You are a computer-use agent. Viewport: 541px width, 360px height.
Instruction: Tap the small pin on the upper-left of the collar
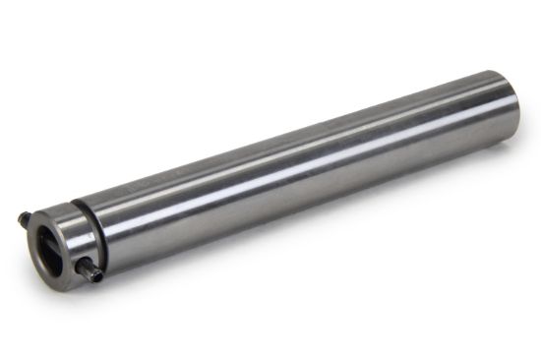(25, 216)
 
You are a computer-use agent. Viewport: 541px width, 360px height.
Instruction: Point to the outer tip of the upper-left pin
(19, 212)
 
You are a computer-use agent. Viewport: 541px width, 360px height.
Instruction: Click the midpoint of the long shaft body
(295, 167)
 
